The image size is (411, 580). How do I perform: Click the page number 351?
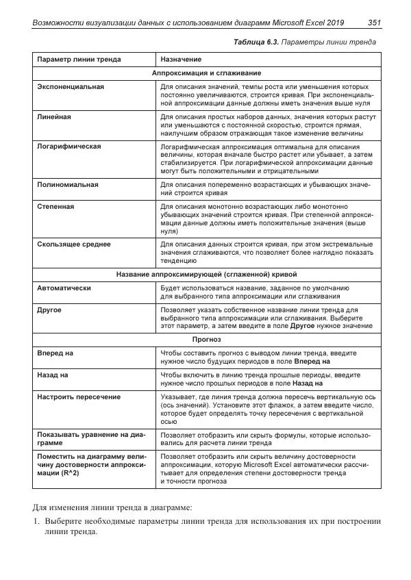pyautogui.click(x=374, y=23)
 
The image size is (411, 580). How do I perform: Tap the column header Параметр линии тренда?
pyautogui.click(x=79, y=60)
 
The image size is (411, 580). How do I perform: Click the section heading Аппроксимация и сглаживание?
pyautogui.click(x=206, y=73)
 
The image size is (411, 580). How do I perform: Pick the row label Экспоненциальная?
pyautogui.click(x=71, y=88)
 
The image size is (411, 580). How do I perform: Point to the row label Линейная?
pyautogui.click(x=53, y=117)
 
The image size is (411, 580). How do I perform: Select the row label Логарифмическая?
pyautogui.click(x=69, y=147)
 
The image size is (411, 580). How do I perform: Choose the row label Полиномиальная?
pyautogui.click(x=68, y=185)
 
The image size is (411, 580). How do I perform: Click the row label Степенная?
pyautogui.click(x=55, y=206)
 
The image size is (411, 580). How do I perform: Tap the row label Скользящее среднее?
pyautogui.click(x=74, y=244)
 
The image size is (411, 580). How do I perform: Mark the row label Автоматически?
pyautogui.click(x=64, y=288)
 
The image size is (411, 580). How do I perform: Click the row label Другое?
pyautogui.click(x=49, y=310)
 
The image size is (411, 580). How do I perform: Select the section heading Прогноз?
pyautogui.click(x=206, y=339)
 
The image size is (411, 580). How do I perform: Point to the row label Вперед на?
pyautogui.click(x=55, y=353)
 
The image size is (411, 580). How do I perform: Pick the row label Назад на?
pyautogui.click(x=53, y=375)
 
